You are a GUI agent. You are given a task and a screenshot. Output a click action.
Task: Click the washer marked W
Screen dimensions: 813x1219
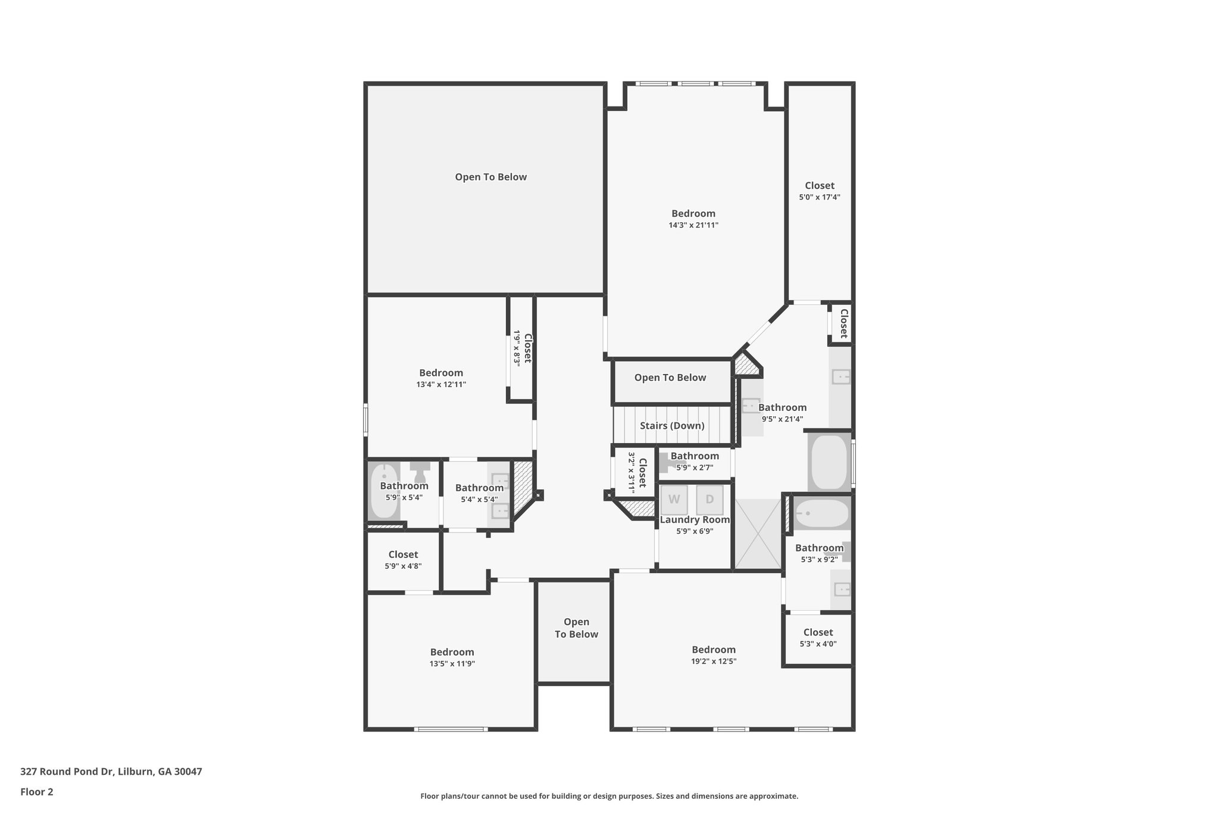point(674,500)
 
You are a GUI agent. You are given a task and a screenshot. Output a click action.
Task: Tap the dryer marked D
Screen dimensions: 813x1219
point(709,500)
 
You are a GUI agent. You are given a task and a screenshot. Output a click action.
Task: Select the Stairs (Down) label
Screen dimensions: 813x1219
point(672,426)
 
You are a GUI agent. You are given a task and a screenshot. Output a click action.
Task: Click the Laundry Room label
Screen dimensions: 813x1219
point(695,520)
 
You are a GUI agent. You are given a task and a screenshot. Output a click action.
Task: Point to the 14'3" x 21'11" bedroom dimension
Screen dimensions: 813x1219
point(693,225)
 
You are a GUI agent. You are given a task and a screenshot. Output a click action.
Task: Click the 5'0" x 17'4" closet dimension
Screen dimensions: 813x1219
point(820,197)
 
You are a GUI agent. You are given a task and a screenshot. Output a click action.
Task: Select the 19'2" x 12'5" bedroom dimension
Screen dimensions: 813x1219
point(714,661)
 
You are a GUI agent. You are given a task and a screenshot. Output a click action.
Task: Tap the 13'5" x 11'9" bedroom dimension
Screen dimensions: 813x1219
point(452,664)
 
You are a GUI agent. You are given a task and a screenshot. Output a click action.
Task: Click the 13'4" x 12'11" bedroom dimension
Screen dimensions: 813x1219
point(441,385)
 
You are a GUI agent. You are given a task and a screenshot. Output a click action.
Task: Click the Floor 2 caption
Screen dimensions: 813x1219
point(37,792)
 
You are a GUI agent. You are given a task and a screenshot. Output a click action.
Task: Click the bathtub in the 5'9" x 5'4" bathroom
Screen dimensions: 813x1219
point(384,491)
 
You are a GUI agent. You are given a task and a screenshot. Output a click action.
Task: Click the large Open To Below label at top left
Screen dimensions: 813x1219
point(490,177)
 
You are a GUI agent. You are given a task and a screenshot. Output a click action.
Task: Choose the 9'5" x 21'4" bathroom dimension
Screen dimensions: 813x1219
point(783,419)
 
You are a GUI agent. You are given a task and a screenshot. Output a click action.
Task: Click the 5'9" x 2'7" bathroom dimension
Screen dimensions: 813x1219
point(695,468)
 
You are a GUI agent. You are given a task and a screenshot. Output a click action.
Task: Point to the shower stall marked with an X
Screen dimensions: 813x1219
point(758,534)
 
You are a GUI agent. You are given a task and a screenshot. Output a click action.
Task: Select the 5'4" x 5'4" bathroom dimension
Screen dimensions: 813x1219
point(479,500)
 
